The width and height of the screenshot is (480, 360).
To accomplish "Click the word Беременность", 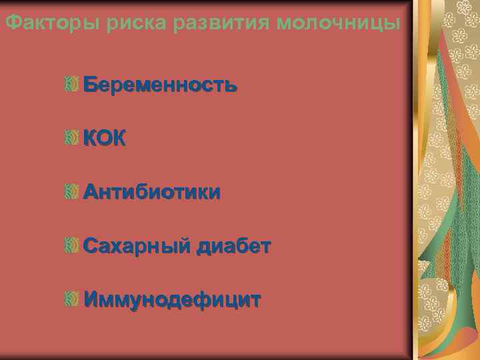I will tap(160, 86).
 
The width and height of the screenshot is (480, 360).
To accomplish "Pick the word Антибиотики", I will tap(152, 193).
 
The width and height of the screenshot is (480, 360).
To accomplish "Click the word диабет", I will tap(233, 247).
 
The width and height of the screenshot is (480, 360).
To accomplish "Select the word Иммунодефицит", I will tap(172, 300).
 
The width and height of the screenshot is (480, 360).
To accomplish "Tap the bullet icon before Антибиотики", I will tap(73, 193).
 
